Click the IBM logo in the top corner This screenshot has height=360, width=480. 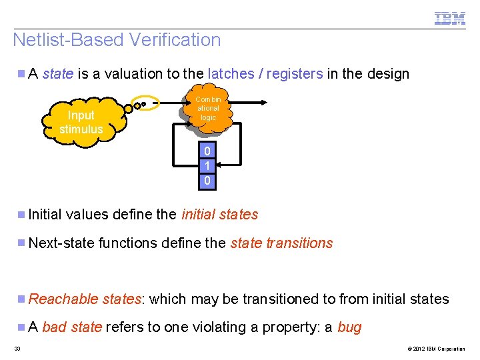point(450,18)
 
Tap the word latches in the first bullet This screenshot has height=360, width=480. point(230,74)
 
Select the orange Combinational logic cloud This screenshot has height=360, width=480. point(208,108)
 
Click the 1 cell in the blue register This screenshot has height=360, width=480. point(207,166)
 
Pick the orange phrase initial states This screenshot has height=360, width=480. point(219,215)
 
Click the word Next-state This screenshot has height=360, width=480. point(61,243)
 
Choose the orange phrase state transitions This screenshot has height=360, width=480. point(281,243)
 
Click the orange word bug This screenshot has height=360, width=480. point(349,327)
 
